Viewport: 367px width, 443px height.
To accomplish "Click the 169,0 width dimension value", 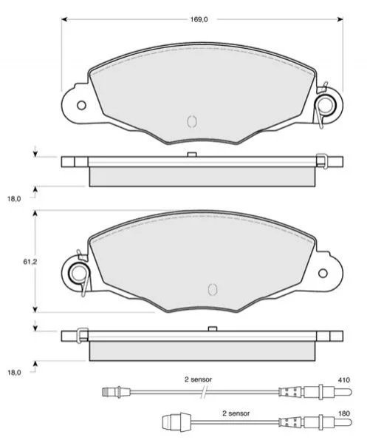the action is click(x=199, y=19).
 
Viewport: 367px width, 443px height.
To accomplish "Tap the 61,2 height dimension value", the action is click(x=30, y=262).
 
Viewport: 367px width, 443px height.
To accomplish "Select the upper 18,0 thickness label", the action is click(x=14, y=199).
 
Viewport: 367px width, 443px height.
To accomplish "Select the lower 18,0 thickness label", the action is click(x=14, y=373).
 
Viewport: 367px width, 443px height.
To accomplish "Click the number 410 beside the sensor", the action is click(x=344, y=380).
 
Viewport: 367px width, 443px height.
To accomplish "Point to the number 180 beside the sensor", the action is click(x=344, y=413).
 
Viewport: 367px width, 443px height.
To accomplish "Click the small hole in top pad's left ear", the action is click(x=81, y=105).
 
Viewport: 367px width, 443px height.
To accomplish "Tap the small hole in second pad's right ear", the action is click(x=323, y=273).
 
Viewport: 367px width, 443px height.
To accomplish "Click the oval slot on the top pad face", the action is click(x=192, y=121).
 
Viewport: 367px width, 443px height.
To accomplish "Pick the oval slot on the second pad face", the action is click(x=212, y=289).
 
